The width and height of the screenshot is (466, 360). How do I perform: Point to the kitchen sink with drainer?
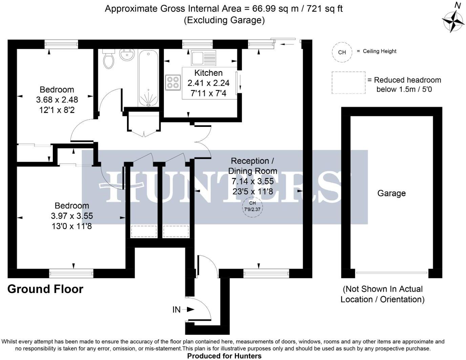point(203,58)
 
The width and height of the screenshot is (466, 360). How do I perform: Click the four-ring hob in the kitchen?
point(172,83)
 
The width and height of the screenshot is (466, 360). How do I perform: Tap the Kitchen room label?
point(208,73)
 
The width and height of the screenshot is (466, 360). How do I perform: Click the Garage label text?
point(391,193)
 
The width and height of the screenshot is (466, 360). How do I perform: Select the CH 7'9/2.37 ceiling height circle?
point(252,206)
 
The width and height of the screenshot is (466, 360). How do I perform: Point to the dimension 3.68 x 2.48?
point(57,100)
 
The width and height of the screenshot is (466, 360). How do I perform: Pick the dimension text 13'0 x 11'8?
point(71,226)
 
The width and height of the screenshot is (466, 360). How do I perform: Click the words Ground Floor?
point(45,289)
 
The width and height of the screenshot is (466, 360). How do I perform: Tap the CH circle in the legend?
point(342,52)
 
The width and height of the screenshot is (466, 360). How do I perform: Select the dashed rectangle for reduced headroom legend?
point(348,83)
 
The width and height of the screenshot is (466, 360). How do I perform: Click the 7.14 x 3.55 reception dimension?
point(252,181)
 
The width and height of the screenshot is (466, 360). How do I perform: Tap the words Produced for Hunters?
point(224,356)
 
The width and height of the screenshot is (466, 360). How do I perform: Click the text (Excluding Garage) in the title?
point(224,20)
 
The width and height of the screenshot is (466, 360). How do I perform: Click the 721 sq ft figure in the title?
point(324,8)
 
